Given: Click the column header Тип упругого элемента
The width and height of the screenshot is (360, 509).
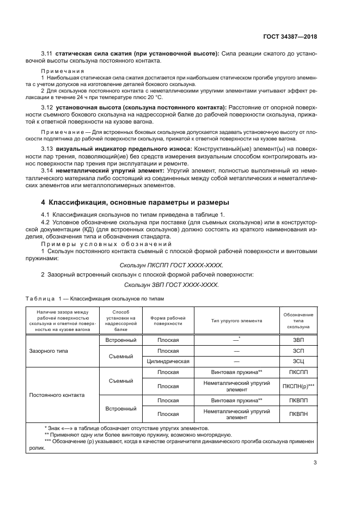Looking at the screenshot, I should pyautogui.click(x=236, y=321).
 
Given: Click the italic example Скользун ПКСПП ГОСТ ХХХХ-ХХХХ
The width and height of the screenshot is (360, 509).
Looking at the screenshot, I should pyautogui.click(x=171, y=265).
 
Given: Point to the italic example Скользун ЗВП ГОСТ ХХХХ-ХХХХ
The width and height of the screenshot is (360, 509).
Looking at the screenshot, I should pyautogui.click(x=171, y=285).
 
